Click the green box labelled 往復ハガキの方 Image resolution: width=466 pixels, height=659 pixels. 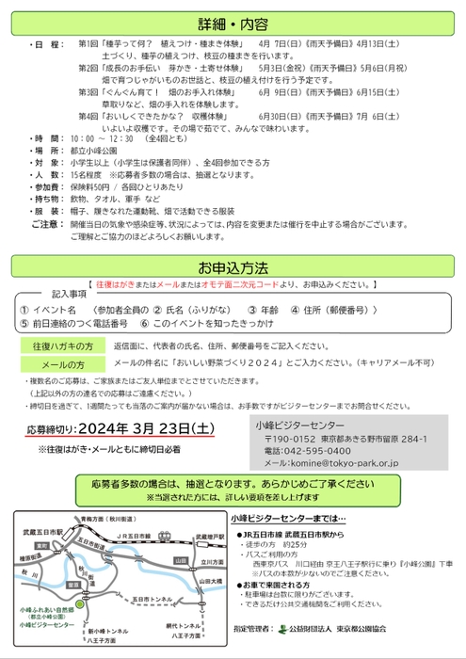pos(63,346)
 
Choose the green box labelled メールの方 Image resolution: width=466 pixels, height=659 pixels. pos(63,362)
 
